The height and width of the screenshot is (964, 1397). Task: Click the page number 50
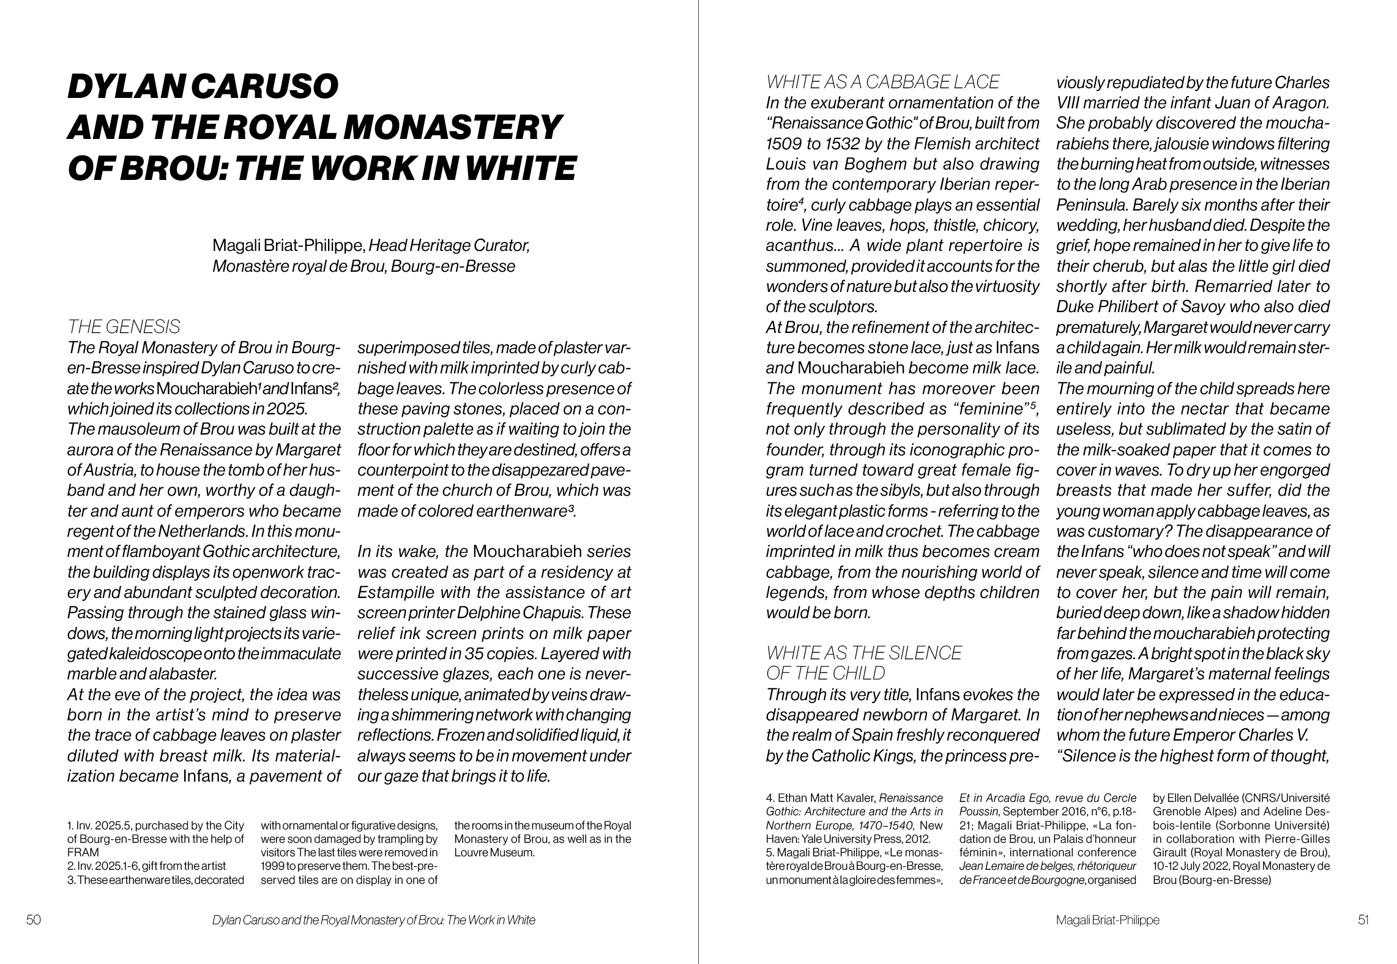pos(34,919)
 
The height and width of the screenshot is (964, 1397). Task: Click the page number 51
pos(1363,919)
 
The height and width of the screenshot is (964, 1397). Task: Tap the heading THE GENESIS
pos(124,326)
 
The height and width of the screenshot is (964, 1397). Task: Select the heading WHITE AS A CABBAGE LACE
pos(882,82)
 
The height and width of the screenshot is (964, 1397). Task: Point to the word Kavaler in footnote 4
pos(854,798)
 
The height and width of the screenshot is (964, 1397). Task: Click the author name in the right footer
pos(1107,919)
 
